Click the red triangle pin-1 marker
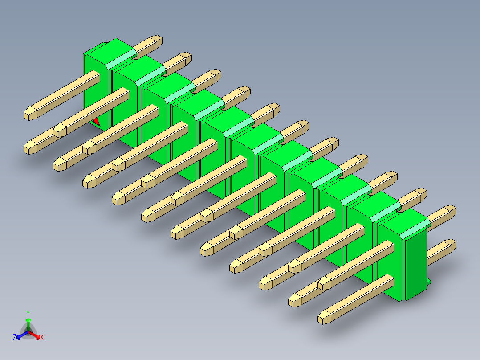click(x=96, y=121)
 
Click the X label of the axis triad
click(x=42, y=337)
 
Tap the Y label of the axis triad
click(x=28, y=313)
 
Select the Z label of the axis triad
click(x=15, y=337)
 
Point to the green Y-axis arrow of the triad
click(x=28, y=323)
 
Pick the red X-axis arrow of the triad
click(x=36, y=335)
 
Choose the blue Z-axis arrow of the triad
click(x=21, y=335)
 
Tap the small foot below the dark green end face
click(x=429, y=282)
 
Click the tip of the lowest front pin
click(x=324, y=317)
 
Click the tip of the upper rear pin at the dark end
click(x=451, y=211)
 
